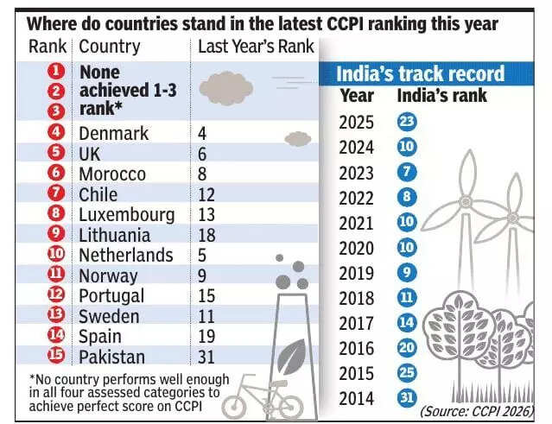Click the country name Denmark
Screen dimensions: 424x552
click(x=113, y=134)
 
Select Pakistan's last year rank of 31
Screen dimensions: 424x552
click(x=207, y=357)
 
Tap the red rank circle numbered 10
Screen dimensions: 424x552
click(x=57, y=256)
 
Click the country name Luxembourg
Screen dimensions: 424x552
click(x=126, y=214)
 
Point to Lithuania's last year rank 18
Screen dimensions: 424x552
click(x=207, y=235)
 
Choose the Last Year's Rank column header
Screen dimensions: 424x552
click(x=256, y=47)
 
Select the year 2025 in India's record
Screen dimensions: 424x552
click(x=357, y=123)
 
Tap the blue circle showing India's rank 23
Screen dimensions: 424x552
click(x=408, y=123)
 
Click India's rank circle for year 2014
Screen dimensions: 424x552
click(x=408, y=398)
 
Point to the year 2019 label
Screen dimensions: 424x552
click(x=357, y=273)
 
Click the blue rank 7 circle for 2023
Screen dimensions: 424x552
click(x=408, y=172)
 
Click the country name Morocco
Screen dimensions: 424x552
click(x=112, y=174)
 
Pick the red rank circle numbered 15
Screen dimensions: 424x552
click(x=57, y=357)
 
